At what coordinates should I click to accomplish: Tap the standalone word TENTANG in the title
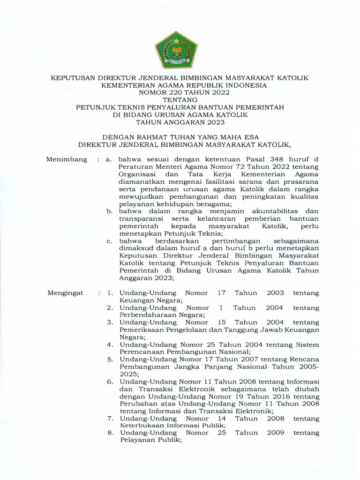tap(180, 100)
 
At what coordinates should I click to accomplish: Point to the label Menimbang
tap(67, 160)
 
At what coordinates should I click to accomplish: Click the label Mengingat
tap(66, 293)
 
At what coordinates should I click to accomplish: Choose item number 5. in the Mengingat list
tap(110, 360)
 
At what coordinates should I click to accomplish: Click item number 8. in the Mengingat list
tap(110, 433)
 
